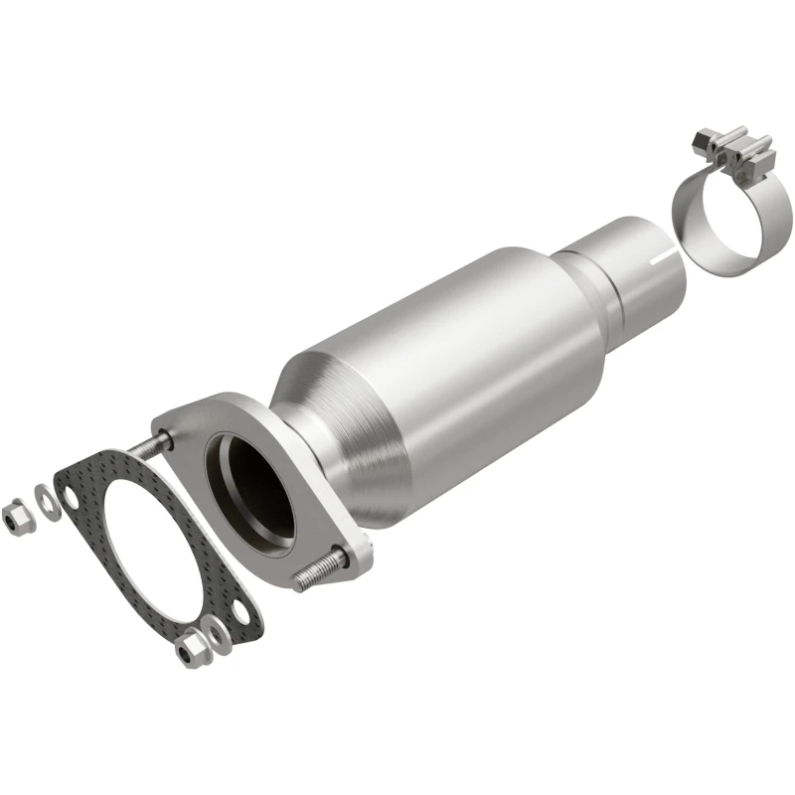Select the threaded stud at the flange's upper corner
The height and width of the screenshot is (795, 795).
click(149, 446)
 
